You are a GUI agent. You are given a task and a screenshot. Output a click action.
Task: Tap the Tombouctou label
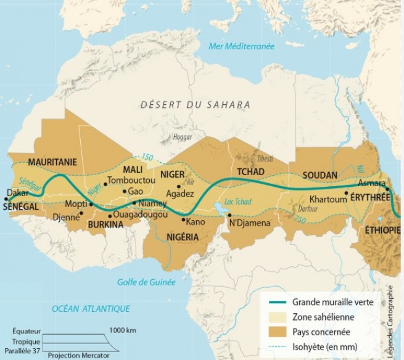tap(131, 181)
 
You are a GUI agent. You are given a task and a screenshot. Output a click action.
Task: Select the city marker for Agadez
tap(179, 186)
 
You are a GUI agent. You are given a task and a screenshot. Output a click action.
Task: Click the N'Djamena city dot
tap(229, 216)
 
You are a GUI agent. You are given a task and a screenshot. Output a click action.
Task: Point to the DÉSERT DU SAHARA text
tap(195, 105)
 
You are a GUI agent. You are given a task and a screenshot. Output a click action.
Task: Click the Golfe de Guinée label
tap(146, 282)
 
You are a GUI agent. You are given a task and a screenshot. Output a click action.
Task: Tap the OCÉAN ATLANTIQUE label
tap(91, 308)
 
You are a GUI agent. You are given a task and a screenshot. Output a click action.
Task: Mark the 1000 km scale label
tap(122, 330)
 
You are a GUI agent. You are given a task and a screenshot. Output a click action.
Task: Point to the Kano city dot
tap(183, 219)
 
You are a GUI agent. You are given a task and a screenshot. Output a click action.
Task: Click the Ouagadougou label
tap(141, 215)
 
